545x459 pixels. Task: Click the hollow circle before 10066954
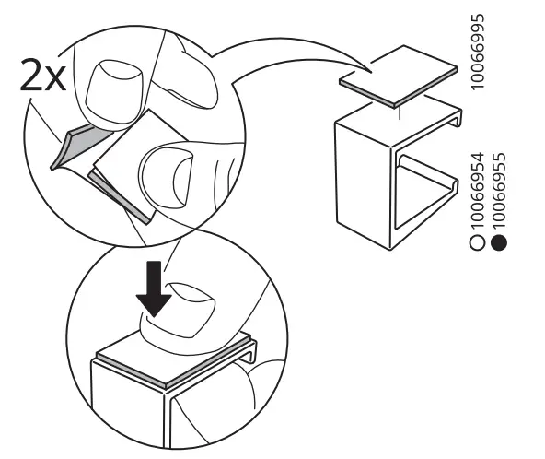coord(477,244)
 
